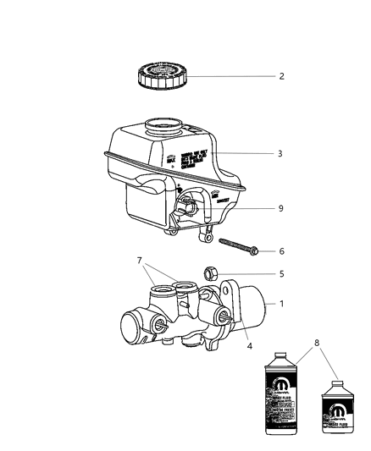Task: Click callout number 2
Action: pos(280,76)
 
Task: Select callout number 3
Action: pos(280,154)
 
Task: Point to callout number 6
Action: pos(280,252)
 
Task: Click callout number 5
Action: pos(280,297)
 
